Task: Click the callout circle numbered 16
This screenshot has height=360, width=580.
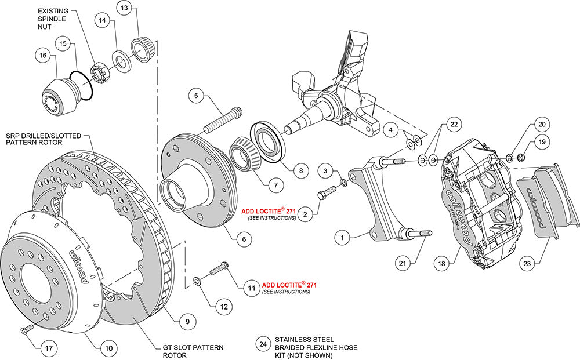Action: [x=42, y=56]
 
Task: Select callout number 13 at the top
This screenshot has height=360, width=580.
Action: [x=125, y=9]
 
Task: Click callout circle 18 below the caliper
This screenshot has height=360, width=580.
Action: [x=442, y=264]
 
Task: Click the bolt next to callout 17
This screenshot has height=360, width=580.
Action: [x=25, y=330]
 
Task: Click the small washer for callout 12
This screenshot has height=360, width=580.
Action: [x=197, y=281]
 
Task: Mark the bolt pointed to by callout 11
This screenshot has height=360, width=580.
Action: [x=218, y=269]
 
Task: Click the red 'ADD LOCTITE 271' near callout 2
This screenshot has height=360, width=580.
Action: [x=268, y=212]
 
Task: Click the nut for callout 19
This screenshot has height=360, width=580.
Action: [x=520, y=156]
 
